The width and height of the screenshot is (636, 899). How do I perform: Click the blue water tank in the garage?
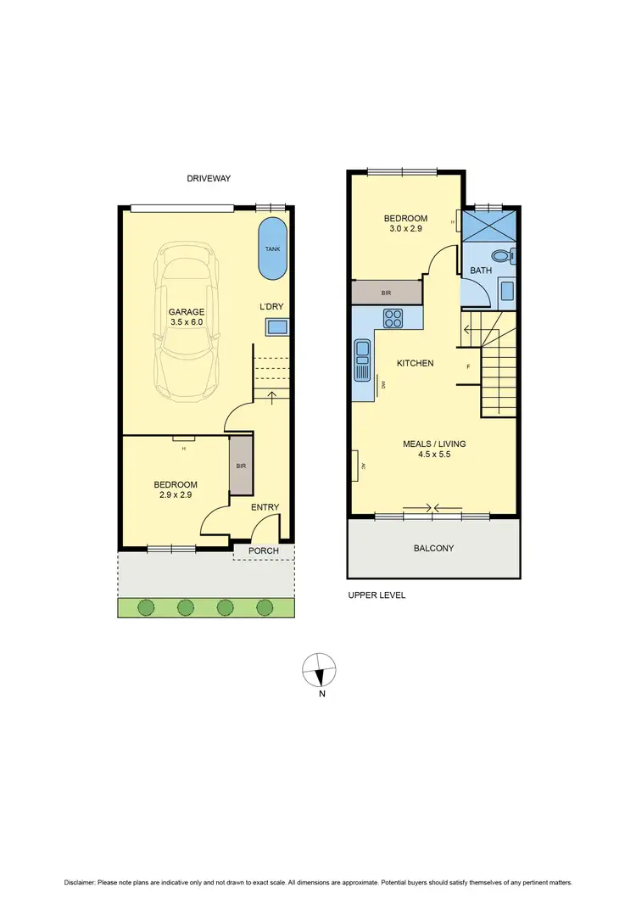tap(272, 248)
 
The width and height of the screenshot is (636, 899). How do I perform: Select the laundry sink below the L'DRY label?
tap(276, 327)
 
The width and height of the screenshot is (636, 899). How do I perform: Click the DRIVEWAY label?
tap(209, 179)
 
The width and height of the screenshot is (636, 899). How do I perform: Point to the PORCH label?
tap(263, 551)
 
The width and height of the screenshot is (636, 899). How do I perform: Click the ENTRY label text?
tap(265, 507)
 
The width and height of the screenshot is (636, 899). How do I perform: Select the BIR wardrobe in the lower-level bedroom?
tap(241, 466)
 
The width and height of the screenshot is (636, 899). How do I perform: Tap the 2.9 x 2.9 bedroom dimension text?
tap(174, 494)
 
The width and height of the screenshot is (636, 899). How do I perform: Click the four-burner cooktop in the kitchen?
tap(394, 319)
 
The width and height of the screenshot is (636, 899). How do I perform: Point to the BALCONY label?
tap(433, 549)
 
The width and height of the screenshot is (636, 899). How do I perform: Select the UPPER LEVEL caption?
tap(377, 595)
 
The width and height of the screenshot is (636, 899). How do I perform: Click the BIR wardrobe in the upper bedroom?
tap(386, 292)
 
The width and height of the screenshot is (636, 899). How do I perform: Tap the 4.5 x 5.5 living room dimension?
tap(433, 455)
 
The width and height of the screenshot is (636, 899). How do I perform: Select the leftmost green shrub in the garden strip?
tap(146, 606)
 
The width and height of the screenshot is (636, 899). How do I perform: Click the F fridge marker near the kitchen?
tap(468, 366)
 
